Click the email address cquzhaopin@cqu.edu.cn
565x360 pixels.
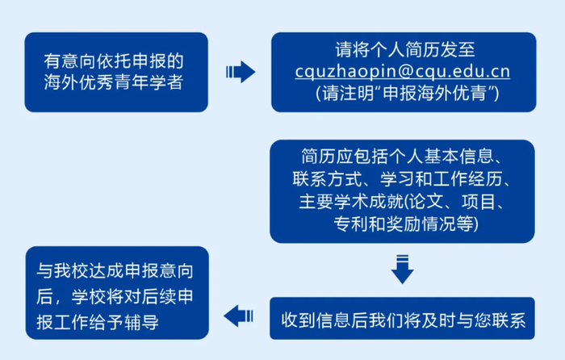pyautogui.click(x=402, y=71)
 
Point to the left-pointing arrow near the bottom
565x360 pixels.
pyautogui.click(x=240, y=315)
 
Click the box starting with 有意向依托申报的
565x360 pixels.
pyautogui.click(x=115, y=71)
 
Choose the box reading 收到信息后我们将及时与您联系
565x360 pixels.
pyautogui.click(x=402, y=317)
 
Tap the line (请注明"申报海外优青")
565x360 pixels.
pyautogui.click(x=402, y=94)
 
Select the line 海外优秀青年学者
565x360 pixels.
pyautogui.click(x=115, y=82)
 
